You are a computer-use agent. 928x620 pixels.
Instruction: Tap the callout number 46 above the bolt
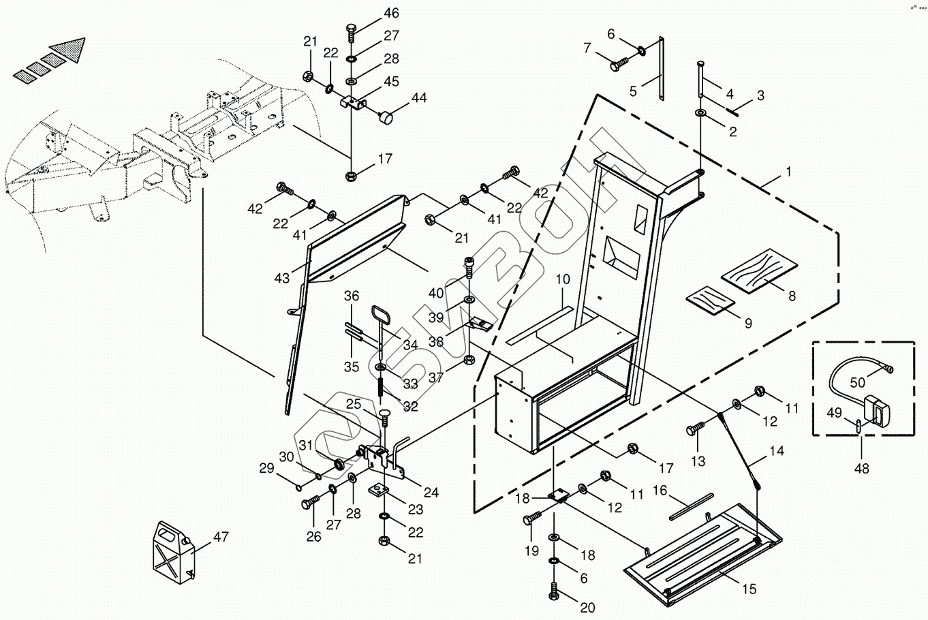(391, 13)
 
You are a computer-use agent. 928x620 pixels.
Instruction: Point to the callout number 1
(789, 172)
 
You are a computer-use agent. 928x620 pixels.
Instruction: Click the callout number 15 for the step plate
(749, 589)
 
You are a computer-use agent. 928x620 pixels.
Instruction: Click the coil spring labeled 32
(382, 395)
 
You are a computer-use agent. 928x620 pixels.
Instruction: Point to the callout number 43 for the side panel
(282, 277)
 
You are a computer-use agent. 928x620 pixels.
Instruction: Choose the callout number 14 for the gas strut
(777, 450)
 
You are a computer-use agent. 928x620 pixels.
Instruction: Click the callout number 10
(562, 279)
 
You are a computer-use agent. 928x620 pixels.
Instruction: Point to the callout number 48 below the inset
(862, 469)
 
